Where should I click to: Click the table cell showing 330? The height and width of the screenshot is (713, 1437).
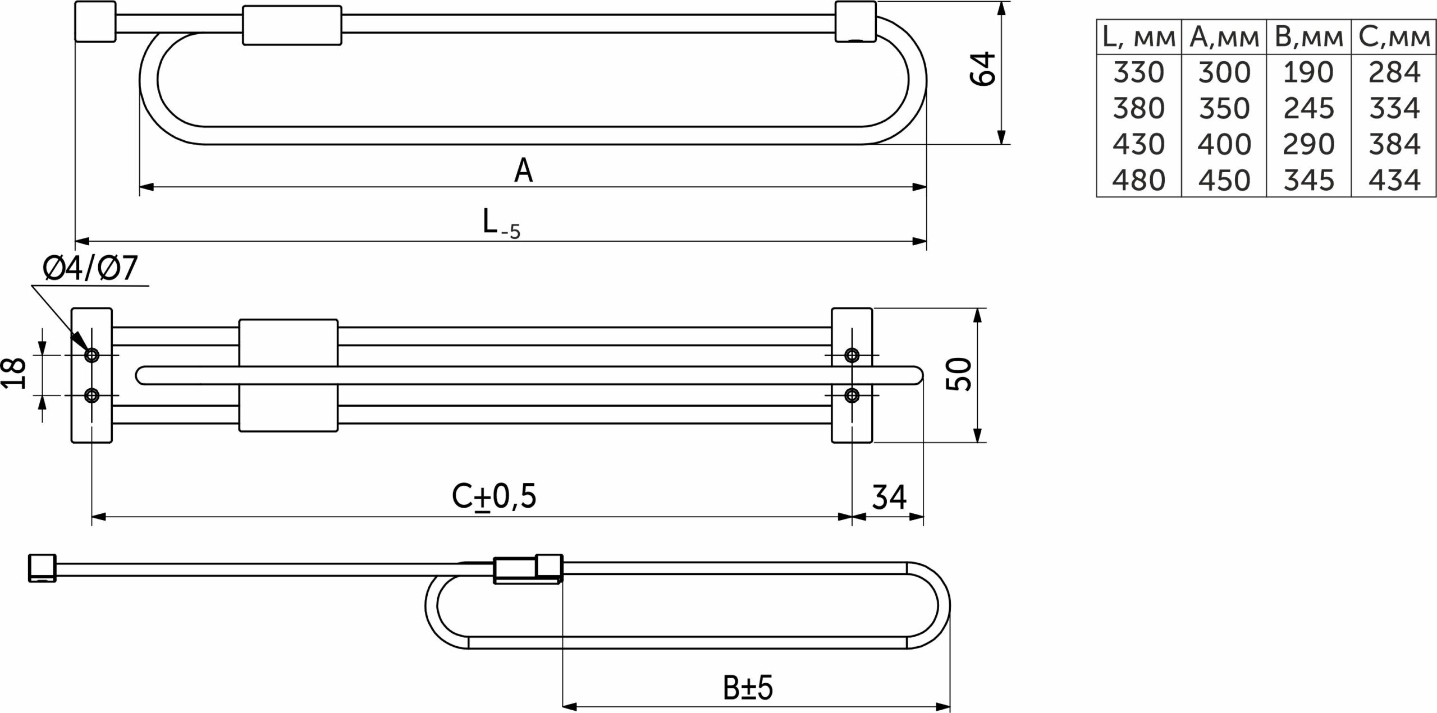pyautogui.click(x=1138, y=73)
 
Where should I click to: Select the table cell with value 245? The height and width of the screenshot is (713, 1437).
pyautogui.click(x=1308, y=108)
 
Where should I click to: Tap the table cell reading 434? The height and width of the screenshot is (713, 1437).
pyautogui.click(x=1394, y=180)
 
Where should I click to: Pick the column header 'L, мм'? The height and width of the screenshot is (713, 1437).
pyautogui.click(x=1138, y=38)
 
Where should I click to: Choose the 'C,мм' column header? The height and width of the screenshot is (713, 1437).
pyautogui.click(x=1394, y=38)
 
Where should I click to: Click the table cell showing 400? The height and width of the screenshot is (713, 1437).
pyautogui.click(x=1224, y=144)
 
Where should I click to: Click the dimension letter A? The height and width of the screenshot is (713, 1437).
pyautogui.click(x=523, y=171)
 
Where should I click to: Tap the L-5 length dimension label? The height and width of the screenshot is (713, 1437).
pyautogui.click(x=501, y=223)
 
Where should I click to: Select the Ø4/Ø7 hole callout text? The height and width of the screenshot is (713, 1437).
pyautogui.click(x=90, y=268)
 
